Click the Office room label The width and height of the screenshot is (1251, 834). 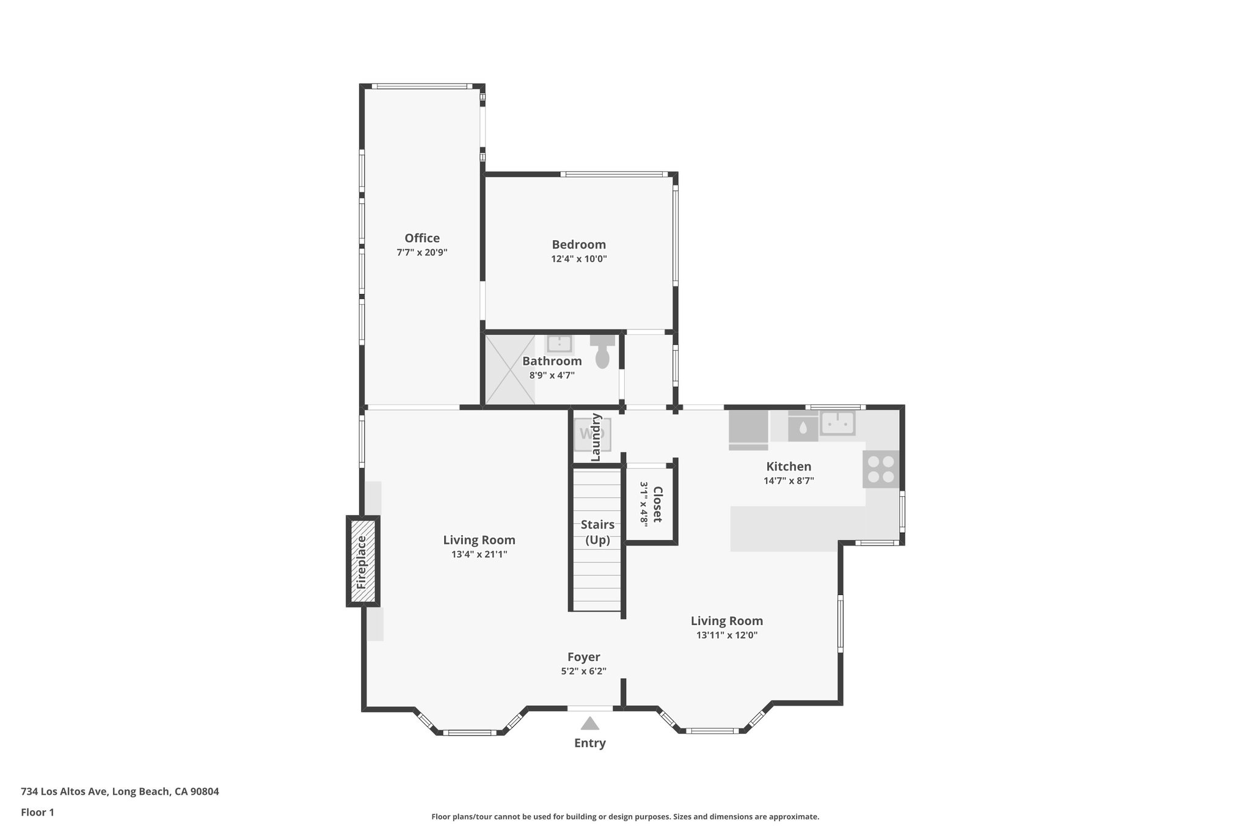pos(421,238)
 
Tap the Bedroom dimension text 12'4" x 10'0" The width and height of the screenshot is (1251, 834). pos(578,259)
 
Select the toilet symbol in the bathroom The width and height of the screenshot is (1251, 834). pos(602,353)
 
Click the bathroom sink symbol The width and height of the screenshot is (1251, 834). pos(559,344)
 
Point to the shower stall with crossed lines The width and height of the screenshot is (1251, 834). pos(509,369)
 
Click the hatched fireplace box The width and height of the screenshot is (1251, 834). pos(363,561)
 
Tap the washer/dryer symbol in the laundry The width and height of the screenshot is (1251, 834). pos(592,434)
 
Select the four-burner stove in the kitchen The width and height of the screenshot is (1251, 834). pos(880,469)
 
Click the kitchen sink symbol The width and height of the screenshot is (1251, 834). pos(837,423)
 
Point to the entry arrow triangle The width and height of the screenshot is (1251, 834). pos(589,724)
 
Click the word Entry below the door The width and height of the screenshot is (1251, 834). pos(589,744)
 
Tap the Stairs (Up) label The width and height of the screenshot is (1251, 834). pos(597,532)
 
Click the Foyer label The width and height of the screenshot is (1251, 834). pos(583,657)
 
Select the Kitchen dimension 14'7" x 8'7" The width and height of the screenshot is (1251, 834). pos(789,481)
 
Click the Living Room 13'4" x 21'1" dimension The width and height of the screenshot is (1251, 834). pos(479,555)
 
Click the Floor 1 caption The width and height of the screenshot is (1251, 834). pos(37,813)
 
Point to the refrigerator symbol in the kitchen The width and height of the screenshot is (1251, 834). pos(748,428)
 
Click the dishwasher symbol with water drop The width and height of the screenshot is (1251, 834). pos(803,428)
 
